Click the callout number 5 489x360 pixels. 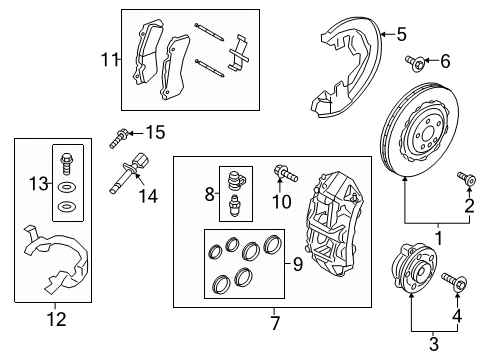tap(401, 35)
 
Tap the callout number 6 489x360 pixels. tap(445, 62)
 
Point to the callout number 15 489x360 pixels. tap(154, 132)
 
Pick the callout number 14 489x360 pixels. tap(148, 196)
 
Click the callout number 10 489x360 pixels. tap(282, 203)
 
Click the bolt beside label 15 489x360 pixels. tap(124, 133)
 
